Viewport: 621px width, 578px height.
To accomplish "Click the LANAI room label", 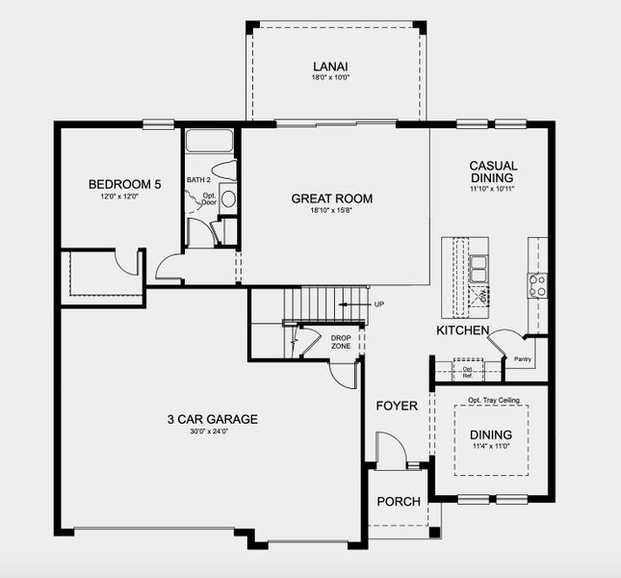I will point(329,66).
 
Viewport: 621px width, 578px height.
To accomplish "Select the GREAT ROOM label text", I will point(331,199).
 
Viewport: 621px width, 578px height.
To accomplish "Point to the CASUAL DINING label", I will point(492,171).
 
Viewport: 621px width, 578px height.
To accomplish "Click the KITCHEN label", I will point(464,330).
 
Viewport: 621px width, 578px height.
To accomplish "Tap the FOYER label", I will point(397,406).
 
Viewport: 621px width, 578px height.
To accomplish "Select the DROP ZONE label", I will point(341,341).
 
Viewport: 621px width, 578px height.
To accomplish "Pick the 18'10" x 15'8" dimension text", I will point(331,212).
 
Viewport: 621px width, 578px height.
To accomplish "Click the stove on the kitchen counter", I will point(536,284).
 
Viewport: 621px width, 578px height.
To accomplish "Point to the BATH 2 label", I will point(198,180).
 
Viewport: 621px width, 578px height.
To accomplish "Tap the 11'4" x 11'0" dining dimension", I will point(491,446).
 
